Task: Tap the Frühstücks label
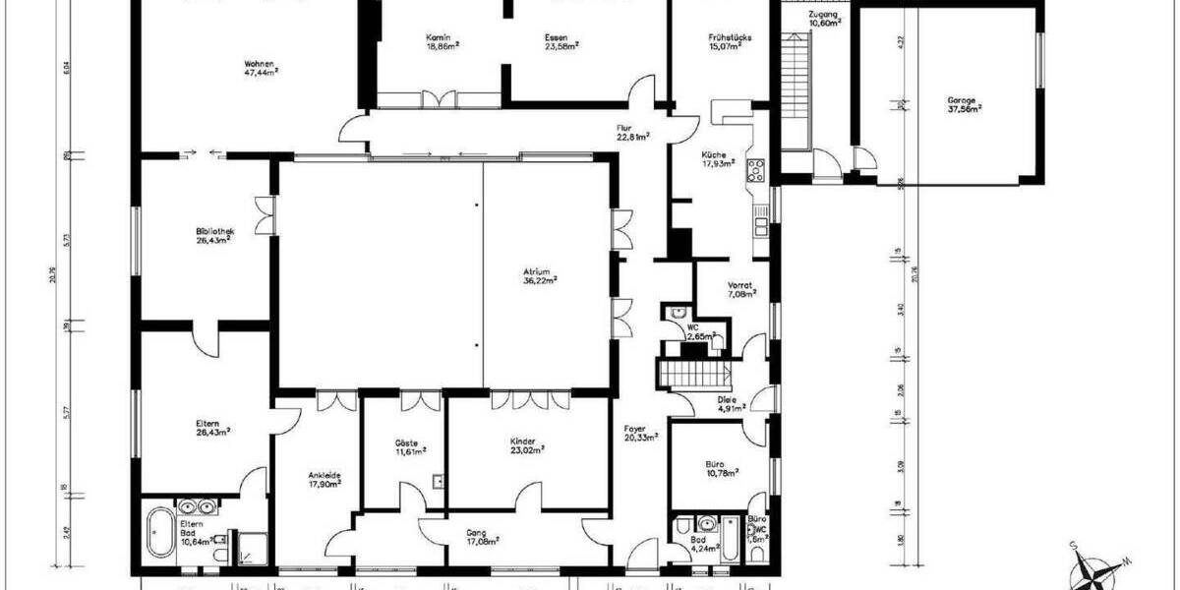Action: click(x=730, y=36)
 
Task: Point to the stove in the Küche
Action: click(x=757, y=172)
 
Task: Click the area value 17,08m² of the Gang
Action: click(x=483, y=540)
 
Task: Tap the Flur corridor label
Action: click(x=623, y=128)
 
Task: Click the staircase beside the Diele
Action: click(x=688, y=374)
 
